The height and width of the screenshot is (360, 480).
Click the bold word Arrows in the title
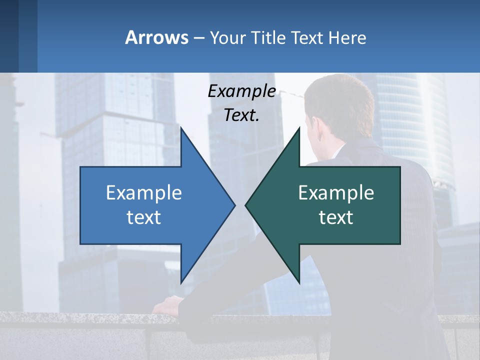[x=156, y=37]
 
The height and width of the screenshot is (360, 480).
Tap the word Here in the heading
[x=347, y=38]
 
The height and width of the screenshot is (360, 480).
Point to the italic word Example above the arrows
[x=241, y=91]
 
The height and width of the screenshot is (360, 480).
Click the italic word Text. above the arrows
[x=241, y=115]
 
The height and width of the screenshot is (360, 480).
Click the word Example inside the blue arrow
[x=144, y=193]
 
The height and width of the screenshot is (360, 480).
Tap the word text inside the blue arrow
[x=144, y=217]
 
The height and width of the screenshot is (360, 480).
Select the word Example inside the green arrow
[x=336, y=193]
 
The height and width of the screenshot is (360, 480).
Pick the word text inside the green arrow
[x=336, y=217]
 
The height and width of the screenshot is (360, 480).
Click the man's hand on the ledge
[x=167, y=304]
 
